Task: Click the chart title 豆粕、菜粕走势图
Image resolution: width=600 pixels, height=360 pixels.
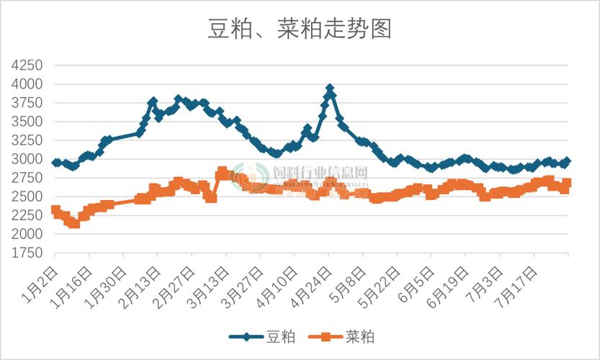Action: [299, 29]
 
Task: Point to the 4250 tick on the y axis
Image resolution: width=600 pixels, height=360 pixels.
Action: [27, 66]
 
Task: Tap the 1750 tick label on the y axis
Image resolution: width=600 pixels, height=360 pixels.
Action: [27, 253]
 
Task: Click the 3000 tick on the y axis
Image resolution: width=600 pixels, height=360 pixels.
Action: [27, 159]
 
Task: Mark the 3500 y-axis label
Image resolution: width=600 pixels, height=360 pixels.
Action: [27, 122]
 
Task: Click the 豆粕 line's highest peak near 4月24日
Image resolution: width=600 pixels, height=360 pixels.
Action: [330, 89]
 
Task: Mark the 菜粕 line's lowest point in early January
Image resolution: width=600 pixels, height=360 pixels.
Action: [74, 223]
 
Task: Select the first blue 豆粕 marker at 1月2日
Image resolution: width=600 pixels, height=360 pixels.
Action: [56, 163]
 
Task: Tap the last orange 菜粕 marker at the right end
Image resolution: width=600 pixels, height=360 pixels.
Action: [567, 183]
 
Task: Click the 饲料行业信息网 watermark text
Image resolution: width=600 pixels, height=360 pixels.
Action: [321, 174]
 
